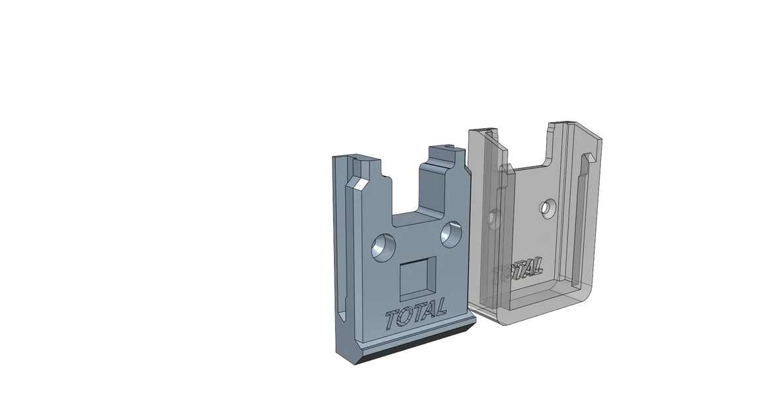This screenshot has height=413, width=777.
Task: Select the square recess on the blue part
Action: coord(416,278)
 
